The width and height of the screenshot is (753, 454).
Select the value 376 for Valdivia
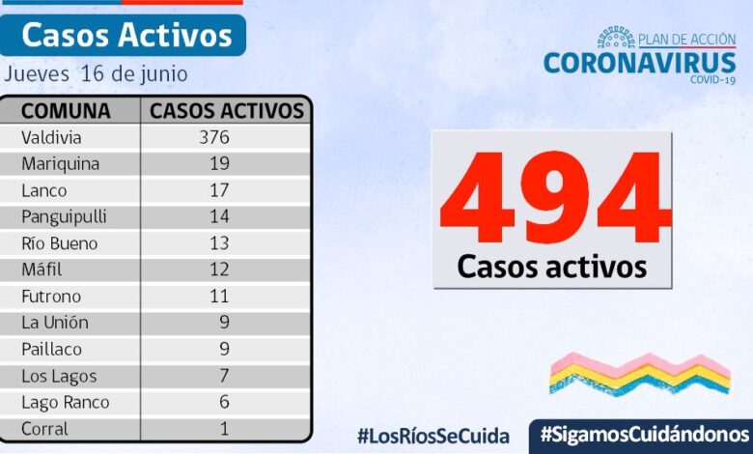[x=213, y=137]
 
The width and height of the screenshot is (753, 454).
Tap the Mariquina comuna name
[x=60, y=164]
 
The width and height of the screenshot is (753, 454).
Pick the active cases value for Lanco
[x=219, y=190]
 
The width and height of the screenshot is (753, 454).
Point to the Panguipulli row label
[x=64, y=217]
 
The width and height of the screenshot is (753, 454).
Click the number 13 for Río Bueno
[x=219, y=243]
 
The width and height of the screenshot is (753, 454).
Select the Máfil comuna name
[x=42, y=270]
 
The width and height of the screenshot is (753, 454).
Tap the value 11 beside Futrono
[x=219, y=297]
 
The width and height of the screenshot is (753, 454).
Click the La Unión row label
[x=54, y=323]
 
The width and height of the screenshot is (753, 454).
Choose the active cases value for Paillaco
[x=223, y=350]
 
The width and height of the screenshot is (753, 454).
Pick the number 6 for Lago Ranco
[x=223, y=402]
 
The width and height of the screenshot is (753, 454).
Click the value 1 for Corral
[x=224, y=429]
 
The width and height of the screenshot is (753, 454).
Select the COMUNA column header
[x=66, y=110]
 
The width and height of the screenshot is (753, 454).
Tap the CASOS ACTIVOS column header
[x=227, y=110]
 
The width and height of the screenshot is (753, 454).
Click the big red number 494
[x=552, y=198]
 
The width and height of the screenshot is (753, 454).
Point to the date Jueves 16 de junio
[x=96, y=74]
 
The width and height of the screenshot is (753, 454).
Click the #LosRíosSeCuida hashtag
[x=432, y=436]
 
